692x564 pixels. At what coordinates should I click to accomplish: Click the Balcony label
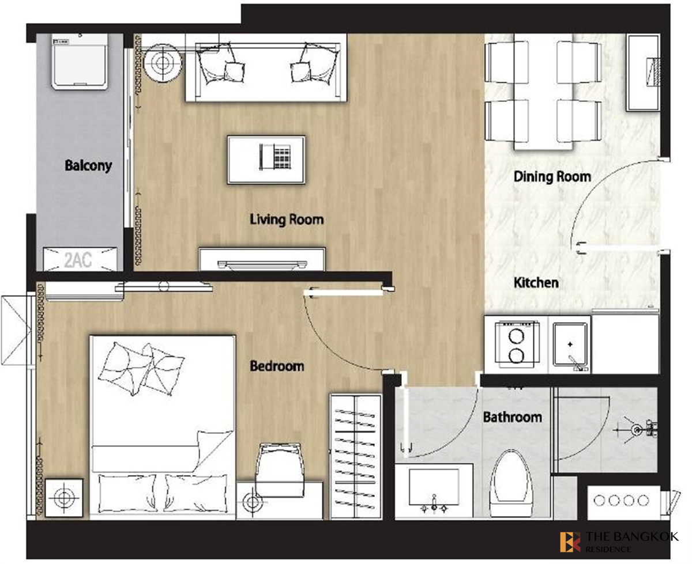[x=88, y=165]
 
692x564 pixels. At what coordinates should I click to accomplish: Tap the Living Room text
[x=287, y=219]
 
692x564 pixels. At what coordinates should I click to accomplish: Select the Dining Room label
[x=552, y=177]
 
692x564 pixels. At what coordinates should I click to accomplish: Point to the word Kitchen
[x=536, y=282]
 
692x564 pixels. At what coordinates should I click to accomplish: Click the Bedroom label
[x=277, y=366]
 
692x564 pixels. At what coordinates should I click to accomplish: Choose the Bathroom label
[x=513, y=417]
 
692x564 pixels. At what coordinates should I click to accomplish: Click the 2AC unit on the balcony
[x=80, y=259]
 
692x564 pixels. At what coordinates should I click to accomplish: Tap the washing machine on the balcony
[x=80, y=61]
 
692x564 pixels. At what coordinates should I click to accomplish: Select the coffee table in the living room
[x=266, y=160]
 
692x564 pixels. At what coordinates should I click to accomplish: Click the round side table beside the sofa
[x=162, y=62]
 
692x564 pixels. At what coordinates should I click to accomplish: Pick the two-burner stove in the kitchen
[x=517, y=343]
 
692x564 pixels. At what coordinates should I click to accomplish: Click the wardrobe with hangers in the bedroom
[x=356, y=457]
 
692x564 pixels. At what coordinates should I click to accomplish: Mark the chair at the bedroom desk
[x=280, y=470]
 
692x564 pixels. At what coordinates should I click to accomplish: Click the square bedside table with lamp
[x=63, y=498]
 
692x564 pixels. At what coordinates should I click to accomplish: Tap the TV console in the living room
[x=262, y=259]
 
